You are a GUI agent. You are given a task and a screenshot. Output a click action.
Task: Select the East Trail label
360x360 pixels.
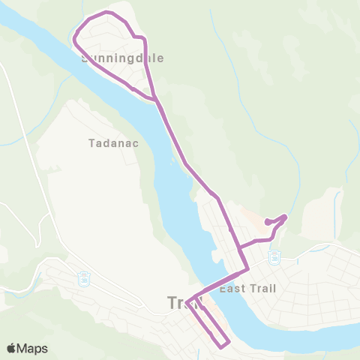point(248,287)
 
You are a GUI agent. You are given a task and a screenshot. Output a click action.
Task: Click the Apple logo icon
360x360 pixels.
point(13,348)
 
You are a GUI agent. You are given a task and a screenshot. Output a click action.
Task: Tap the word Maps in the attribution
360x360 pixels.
point(33,348)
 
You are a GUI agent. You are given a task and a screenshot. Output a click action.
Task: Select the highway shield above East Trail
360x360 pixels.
point(274,257)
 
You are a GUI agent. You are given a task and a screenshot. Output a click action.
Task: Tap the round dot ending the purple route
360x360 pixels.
point(268,222)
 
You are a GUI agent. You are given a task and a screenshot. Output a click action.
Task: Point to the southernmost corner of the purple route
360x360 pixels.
point(222,346)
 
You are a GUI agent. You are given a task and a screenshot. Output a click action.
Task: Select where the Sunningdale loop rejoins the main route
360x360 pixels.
point(155,98)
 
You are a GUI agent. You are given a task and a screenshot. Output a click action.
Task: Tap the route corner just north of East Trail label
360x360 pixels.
point(247,268)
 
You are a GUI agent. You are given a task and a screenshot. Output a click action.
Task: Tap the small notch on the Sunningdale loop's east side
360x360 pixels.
point(136,35)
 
